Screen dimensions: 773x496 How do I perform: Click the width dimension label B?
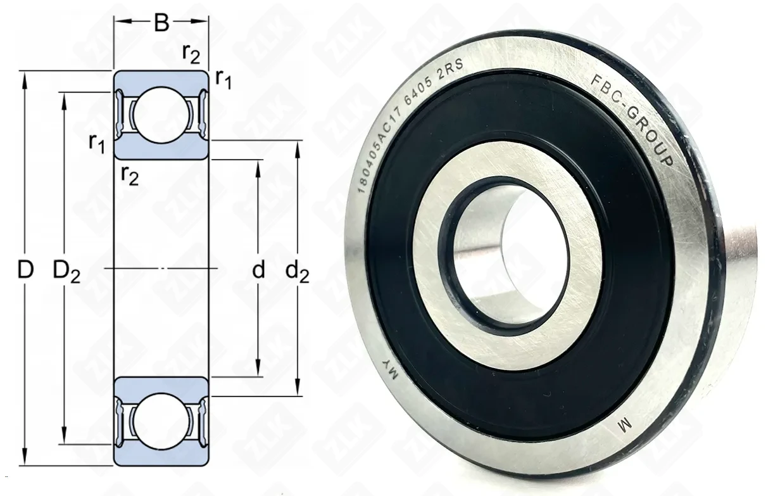(161, 22)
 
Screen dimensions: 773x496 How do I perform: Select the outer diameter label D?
(25, 270)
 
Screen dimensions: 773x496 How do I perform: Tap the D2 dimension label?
(66, 272)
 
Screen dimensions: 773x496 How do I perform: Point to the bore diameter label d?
(258, 270)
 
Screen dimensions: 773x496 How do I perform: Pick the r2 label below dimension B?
(191, 54)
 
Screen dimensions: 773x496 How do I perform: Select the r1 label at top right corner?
(223, 79)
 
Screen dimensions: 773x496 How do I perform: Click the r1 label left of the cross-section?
(97, 143)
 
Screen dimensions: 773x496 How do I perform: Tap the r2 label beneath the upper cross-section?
(130, 176)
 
